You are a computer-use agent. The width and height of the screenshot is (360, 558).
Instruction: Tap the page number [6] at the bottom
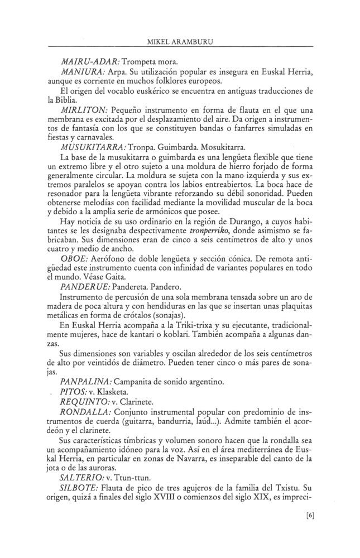coord(311,516)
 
